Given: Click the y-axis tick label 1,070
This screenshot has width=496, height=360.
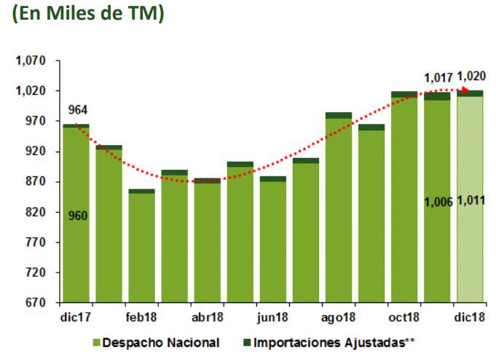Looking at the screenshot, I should [30, 61].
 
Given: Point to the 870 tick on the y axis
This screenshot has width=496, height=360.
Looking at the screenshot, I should [34, 181].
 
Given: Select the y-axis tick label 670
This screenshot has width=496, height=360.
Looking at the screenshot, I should [34, 302].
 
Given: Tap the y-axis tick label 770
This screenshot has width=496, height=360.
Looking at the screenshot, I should [34, 242].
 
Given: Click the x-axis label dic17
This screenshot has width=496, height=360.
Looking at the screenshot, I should [75, 318].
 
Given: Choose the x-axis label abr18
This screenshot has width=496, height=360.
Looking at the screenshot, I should [207, 318].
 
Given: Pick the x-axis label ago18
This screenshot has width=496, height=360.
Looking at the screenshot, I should [339, 318].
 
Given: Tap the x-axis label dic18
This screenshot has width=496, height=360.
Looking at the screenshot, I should [470, 318].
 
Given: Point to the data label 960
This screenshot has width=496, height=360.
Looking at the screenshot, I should [78, 216].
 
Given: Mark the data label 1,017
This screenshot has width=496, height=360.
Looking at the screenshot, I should [438, 77].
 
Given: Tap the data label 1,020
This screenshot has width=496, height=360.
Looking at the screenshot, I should [471, 76].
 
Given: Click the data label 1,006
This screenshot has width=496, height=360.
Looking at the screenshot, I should [438, 201].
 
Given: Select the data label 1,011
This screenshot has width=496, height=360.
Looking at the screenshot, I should [471, 201].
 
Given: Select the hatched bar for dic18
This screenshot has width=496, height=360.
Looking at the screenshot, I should [470, 197].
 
